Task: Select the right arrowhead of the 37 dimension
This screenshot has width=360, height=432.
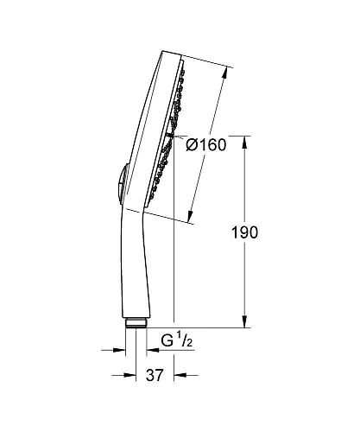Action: [178, 376]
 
